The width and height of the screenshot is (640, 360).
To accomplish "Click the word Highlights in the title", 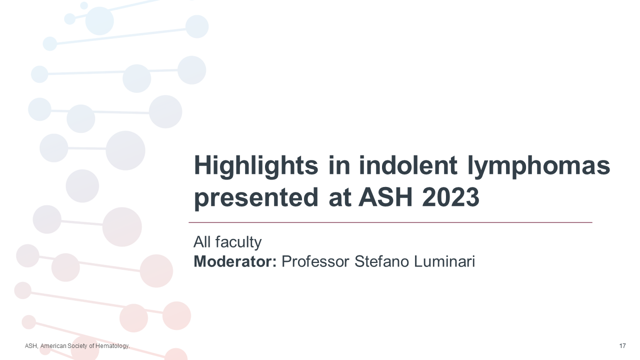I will (256, 166).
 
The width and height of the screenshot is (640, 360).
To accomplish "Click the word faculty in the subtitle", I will (238, 242).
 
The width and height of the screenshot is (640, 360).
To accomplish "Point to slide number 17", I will (622, 346).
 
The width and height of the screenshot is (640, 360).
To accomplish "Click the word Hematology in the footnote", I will (115, 346).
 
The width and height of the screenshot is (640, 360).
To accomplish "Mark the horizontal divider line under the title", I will (390, 222).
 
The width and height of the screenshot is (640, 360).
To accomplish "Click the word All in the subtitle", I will (202, 242).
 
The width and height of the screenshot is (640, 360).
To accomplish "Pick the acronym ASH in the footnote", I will (30, 346).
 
